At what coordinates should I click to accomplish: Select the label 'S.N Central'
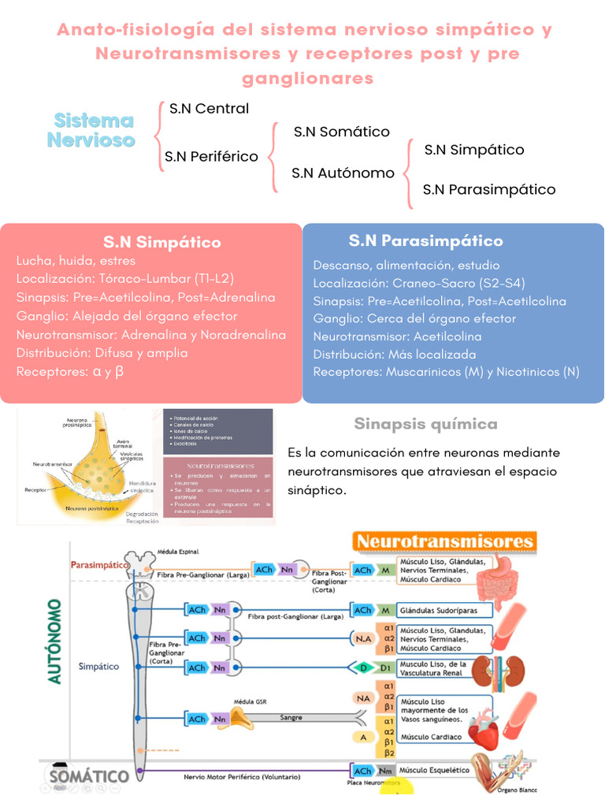209,109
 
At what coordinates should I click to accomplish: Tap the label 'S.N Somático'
341,132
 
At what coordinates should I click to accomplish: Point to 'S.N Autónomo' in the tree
343,173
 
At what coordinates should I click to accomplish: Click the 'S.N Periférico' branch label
211,156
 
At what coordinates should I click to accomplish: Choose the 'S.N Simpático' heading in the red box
161,242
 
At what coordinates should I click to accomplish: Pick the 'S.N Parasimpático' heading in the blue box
425,240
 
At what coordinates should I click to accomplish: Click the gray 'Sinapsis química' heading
425,424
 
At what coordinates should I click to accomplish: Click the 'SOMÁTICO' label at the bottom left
88,776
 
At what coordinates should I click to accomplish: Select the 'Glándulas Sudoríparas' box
444,610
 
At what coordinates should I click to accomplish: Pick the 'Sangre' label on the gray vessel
291,718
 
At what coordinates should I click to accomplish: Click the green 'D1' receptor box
384,668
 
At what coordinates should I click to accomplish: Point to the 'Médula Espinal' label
177,552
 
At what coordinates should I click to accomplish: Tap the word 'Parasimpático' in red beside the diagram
100,565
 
